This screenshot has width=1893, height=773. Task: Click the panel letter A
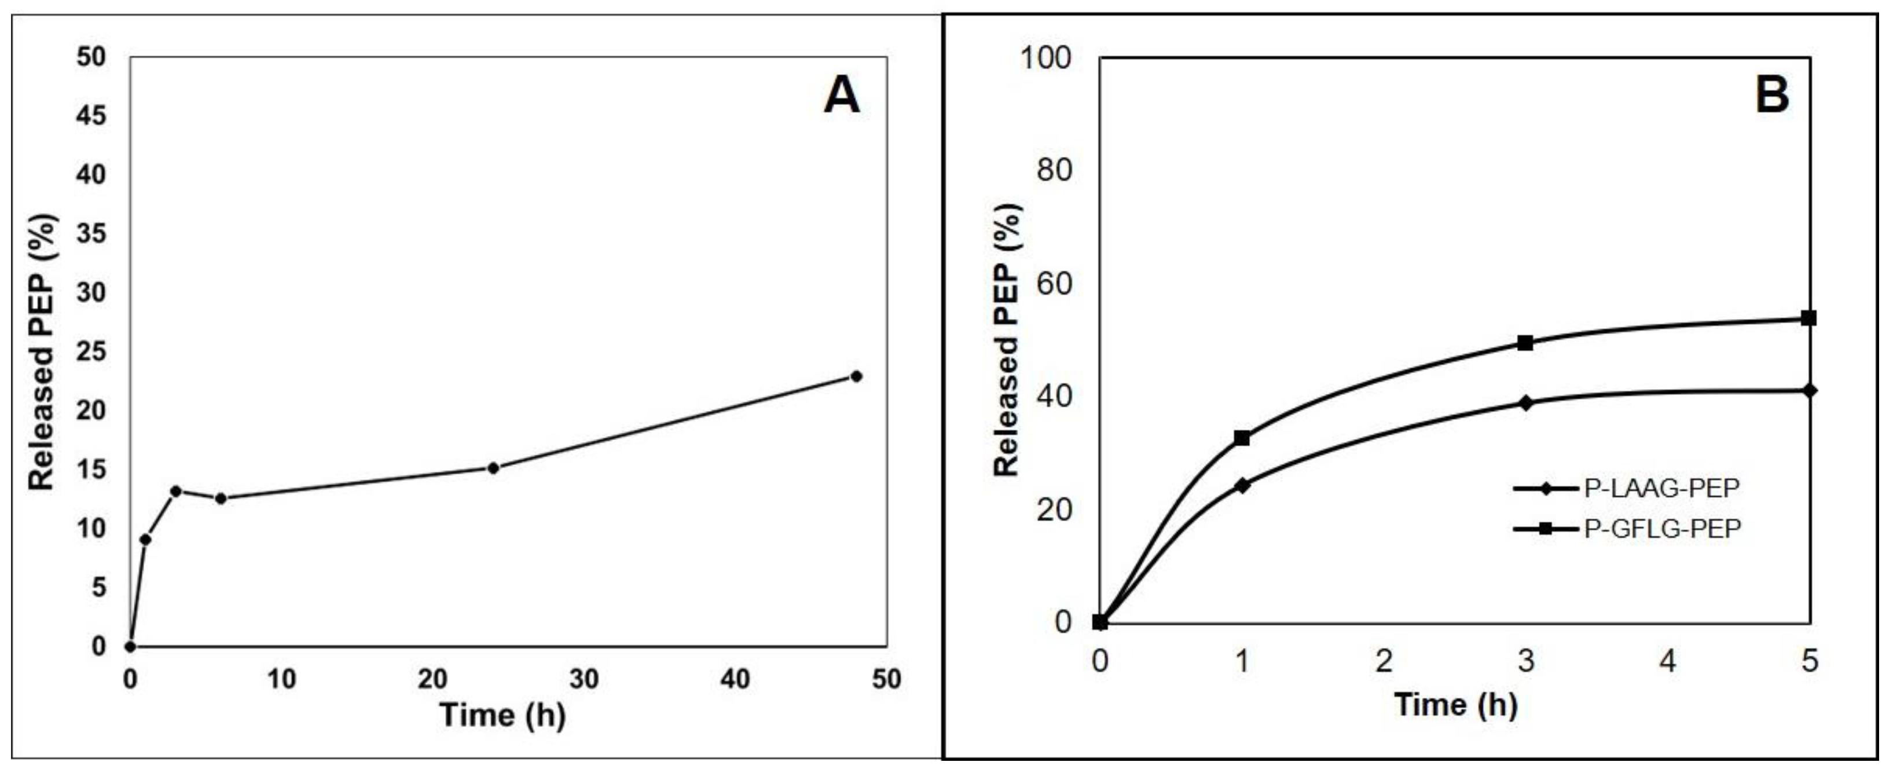pyautogui.click(x=841, y=96)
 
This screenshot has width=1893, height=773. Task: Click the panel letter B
pyautogui.click(x=1772, y=96)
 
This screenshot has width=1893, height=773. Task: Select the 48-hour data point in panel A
pyautogui.click(x=856, y=376)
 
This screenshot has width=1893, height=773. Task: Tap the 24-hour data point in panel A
pyautogui.click(x=493, y=468)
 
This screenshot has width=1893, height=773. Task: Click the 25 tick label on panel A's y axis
pyautogui.click(x=90, y=351)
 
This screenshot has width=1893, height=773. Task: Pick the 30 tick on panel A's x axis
pyautogui.click(x=584, y=680)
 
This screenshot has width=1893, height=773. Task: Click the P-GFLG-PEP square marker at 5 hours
pyautogui.click(x=1808, y=318)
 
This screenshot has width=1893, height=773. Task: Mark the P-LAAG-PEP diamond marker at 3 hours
pyautogui.click(x=1525, y=402)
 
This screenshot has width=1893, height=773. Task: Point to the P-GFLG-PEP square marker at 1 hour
pyautogui.click(x=1242, y=438)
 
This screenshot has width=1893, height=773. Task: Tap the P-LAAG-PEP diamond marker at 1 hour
pyautogui.click(x=1242, y=485)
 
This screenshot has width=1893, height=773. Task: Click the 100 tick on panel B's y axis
pyautogui.click(x=1045, y=57)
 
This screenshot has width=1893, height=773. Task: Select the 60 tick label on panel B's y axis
pyautogui.click(x=1054, y=283)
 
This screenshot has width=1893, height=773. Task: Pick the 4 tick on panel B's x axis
pyautogui.click(x=1667, y=661)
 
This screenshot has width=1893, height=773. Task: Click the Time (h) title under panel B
pyautogui.click(x=1456, y=705)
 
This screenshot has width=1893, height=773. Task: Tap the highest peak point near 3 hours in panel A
pyautogui.click(x=175, y=491)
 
